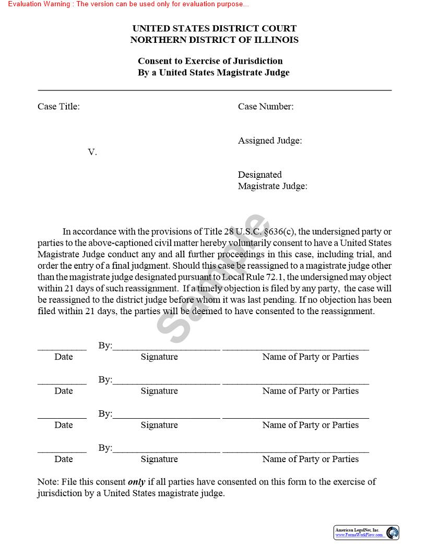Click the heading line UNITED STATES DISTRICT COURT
(x=214, y=28)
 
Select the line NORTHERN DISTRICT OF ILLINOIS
(x=214, y=40)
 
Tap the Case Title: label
(x=58, y=107)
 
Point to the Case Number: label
(x=266, y=107)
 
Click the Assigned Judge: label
(x=270, y=141)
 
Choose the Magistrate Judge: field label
(x=273, y=186)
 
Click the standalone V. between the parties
(x=92, y=152)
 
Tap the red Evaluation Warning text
(x=128, y=4)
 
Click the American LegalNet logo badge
(x=366, y=532)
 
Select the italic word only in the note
(x=136, y=481)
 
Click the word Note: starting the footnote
(x=48, y=481)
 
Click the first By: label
(x=105, y=346)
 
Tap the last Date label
(x=64, y=459)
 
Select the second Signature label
(x=159, y=391)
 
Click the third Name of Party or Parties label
(x=311, y=425)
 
